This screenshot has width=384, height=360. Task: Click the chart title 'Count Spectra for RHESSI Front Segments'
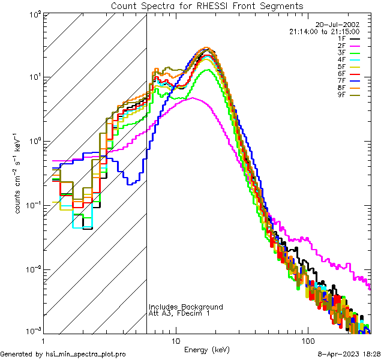pyautogui.click(x=207, y=5)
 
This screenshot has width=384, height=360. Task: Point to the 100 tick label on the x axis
pyautogui.click(x=307, y=340)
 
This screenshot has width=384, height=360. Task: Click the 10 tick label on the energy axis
pyautogui.click(x=175, y=340)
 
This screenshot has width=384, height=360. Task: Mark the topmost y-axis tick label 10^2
pyautogui.click(x=34, y=13)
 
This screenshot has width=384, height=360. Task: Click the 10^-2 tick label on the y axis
pyautogui.click(x=33, y=269)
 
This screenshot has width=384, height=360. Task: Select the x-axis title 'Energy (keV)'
pyautogui.click(x=206, y=349)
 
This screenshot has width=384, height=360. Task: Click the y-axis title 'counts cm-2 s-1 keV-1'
pyautogui.click(x=20, y=173)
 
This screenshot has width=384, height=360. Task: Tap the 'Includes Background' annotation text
pyautogui.click(x=186, y=307)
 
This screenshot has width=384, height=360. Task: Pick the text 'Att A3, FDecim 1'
pyautogui.click(x=179, y=313)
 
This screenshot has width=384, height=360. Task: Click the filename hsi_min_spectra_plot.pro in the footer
pyautogui.click(x=86, y=355)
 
